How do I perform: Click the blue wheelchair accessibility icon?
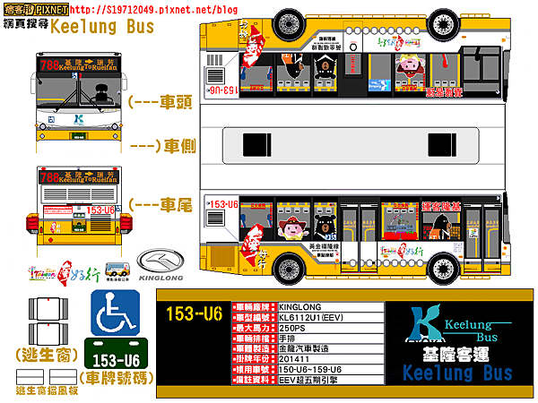(x=115, y=313)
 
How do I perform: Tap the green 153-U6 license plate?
(x=115, y=358)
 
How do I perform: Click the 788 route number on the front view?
(x=50, y=64)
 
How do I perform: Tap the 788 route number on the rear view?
(x=50, y=177)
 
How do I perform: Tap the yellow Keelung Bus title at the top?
(x=102, y=27)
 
